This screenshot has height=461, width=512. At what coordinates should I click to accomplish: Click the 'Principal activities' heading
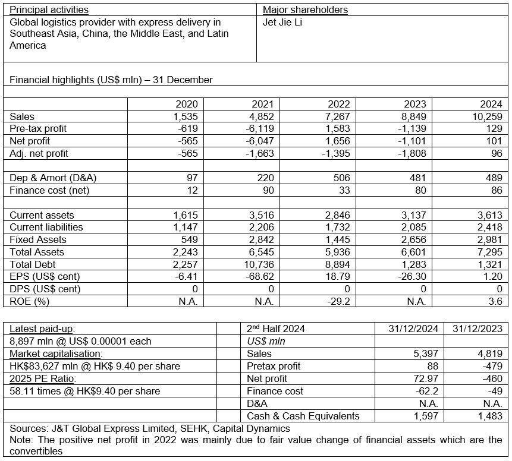click(49, 10)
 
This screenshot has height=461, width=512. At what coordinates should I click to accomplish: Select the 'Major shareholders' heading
click(305, 10)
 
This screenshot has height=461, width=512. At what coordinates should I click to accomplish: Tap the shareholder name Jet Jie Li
click(283, 23)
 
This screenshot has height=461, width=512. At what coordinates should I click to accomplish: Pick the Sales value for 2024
click(487, 116)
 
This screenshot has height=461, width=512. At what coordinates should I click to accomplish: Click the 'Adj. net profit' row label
click(39, 154)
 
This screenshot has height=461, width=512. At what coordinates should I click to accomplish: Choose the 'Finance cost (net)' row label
click(45, 191)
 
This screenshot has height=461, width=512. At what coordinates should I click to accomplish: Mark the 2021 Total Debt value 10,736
click(256, 264)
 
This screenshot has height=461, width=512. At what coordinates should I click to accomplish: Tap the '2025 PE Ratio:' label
click(40, 378)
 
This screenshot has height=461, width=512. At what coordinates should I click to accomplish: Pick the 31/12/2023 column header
click(478, 329)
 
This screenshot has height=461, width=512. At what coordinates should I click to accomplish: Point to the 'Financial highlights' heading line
click(111, 80)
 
